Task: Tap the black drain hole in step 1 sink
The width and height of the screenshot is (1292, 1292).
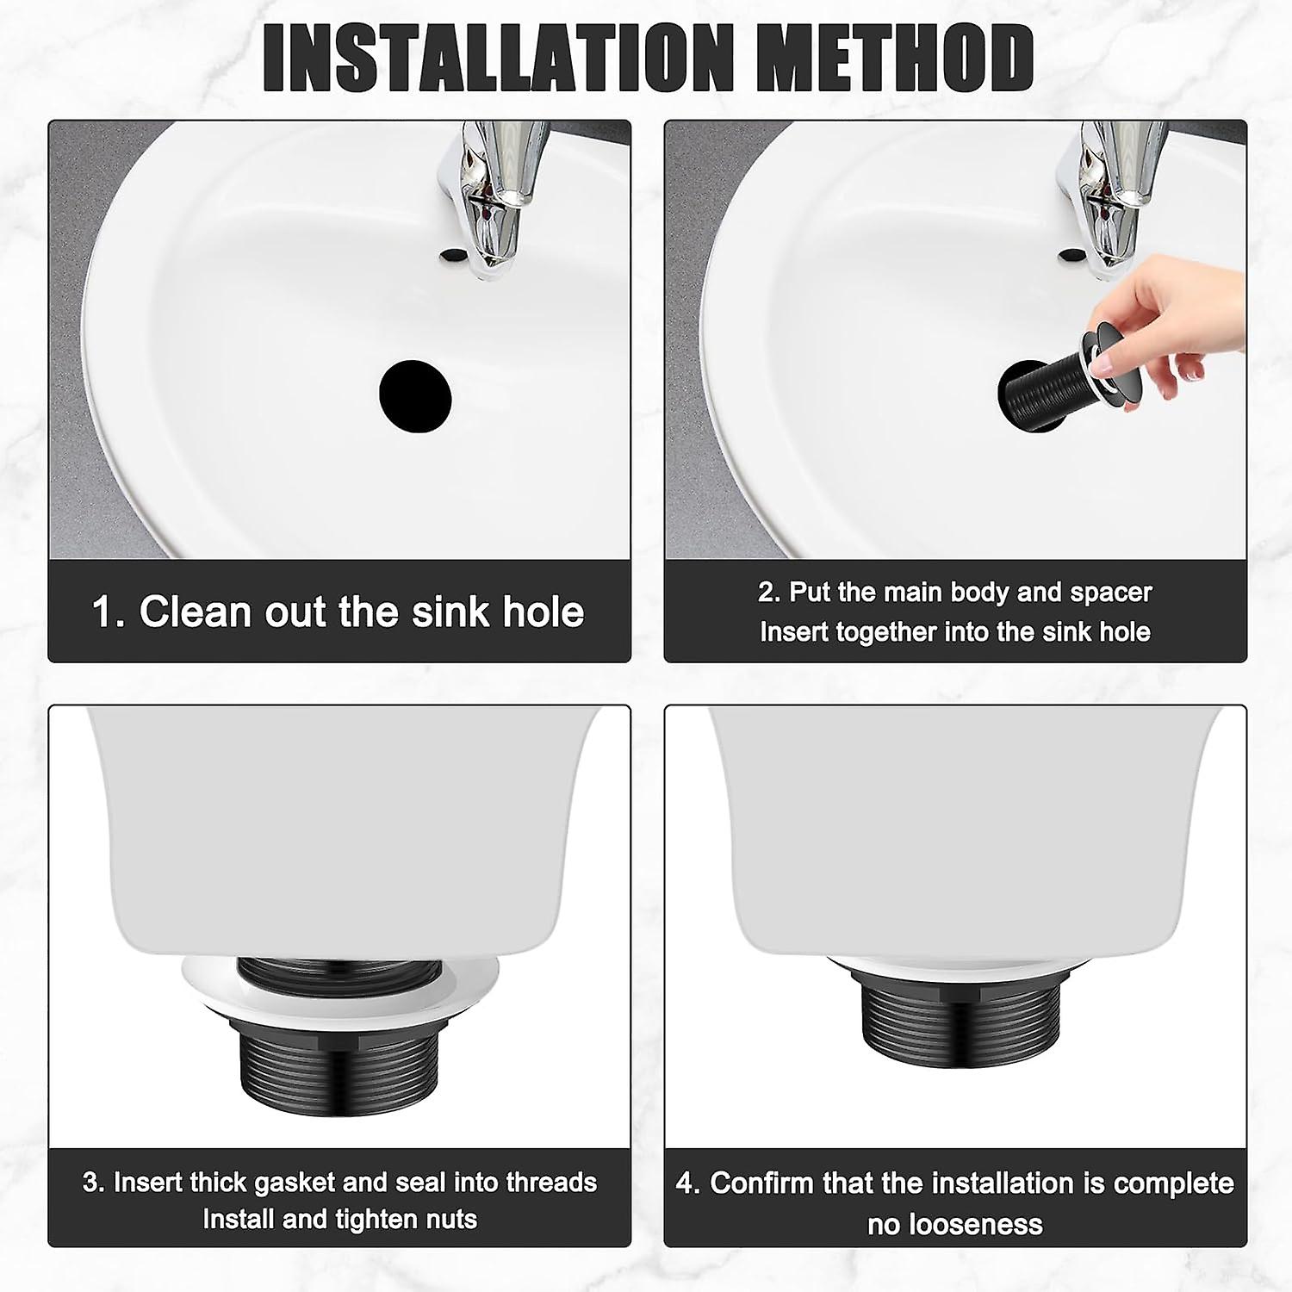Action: (x=415, y=394)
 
